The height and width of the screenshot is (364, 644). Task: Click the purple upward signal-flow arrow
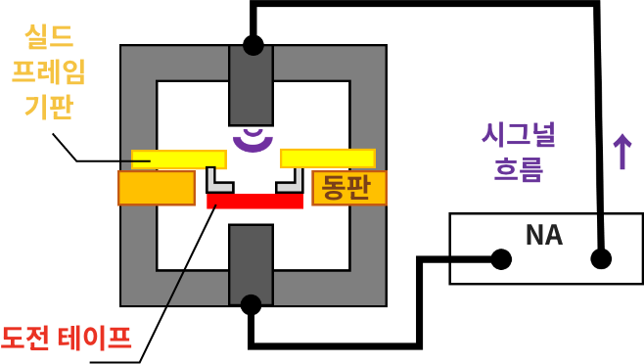click(621, 152)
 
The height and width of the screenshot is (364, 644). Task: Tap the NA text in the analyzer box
click(544, 236)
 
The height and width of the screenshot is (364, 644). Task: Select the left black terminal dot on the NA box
click(501, 259)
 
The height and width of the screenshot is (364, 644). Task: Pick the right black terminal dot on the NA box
click(601, 259)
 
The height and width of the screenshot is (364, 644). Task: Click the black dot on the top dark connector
click(253, 45)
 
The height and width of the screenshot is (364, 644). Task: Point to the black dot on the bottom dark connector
click(251, 304)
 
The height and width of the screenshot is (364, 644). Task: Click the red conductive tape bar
click(254, 201)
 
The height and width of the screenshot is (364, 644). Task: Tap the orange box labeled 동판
click(349, 187)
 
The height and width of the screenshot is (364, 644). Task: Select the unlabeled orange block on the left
click(157, 188)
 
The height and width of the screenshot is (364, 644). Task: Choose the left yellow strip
click(179, 159)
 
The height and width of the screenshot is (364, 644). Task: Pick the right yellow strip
click(327, 159)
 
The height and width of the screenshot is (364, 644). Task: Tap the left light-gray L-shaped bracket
click(218, 181)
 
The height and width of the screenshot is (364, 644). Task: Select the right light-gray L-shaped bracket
click(290, 181)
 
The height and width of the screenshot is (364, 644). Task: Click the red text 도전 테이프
click(66, 339)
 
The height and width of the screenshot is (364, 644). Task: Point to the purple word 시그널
click(518, 134)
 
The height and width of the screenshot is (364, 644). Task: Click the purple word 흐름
click(518, 169)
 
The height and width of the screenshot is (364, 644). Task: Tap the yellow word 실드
click(49, 37)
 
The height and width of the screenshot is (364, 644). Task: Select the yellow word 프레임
click(49, 71)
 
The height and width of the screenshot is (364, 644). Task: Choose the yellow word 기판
click(49, 106)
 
